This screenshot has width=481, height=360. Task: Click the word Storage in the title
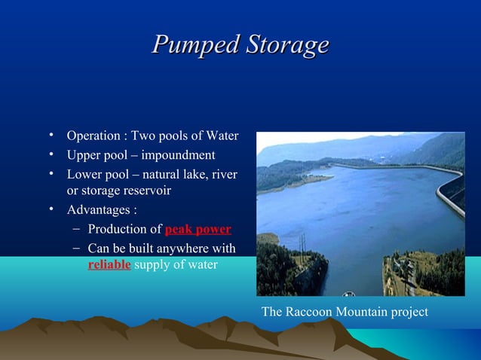coord(283,44)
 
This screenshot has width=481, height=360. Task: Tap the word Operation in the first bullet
coord(93,136)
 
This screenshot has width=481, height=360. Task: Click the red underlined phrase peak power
coord(198,230)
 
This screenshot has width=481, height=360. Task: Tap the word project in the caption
coord(407,311)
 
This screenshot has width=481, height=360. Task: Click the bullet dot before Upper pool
coord(52,155)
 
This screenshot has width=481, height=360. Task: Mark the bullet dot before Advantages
coord(52,209)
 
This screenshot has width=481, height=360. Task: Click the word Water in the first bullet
coord(222,136)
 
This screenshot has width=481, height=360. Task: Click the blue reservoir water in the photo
coord(362,211)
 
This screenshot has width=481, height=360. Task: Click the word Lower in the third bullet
coord(83,175)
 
